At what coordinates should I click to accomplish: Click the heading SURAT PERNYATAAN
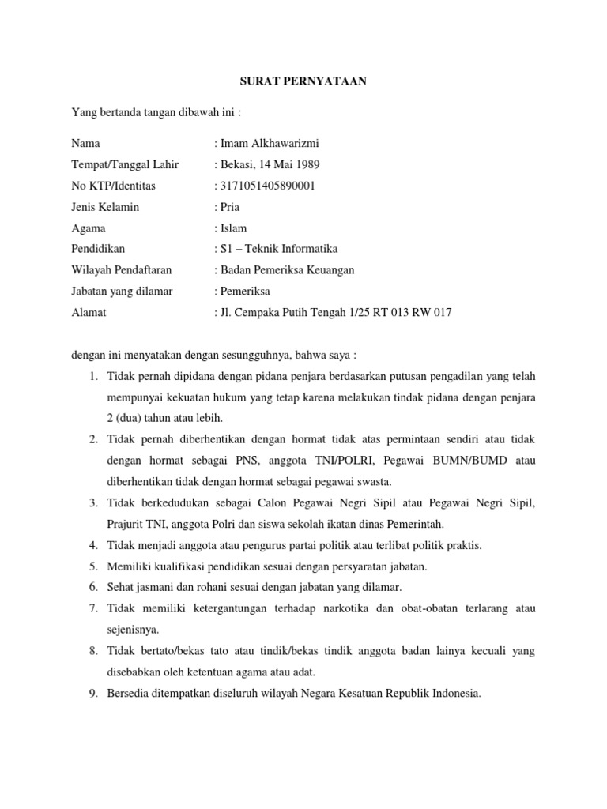point(303,82)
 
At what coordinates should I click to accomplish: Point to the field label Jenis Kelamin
point(105,207)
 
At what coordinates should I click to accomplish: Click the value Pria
point(228,207)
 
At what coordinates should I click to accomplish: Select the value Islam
point(232,228)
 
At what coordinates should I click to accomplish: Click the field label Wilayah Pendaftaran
point(121,270)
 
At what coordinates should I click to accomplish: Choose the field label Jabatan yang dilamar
point(122,292)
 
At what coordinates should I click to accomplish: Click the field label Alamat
point(89,313)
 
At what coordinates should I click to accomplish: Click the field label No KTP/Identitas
point(113,186)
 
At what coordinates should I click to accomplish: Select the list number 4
point(92,545)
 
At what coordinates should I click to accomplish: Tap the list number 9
point(92,694)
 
